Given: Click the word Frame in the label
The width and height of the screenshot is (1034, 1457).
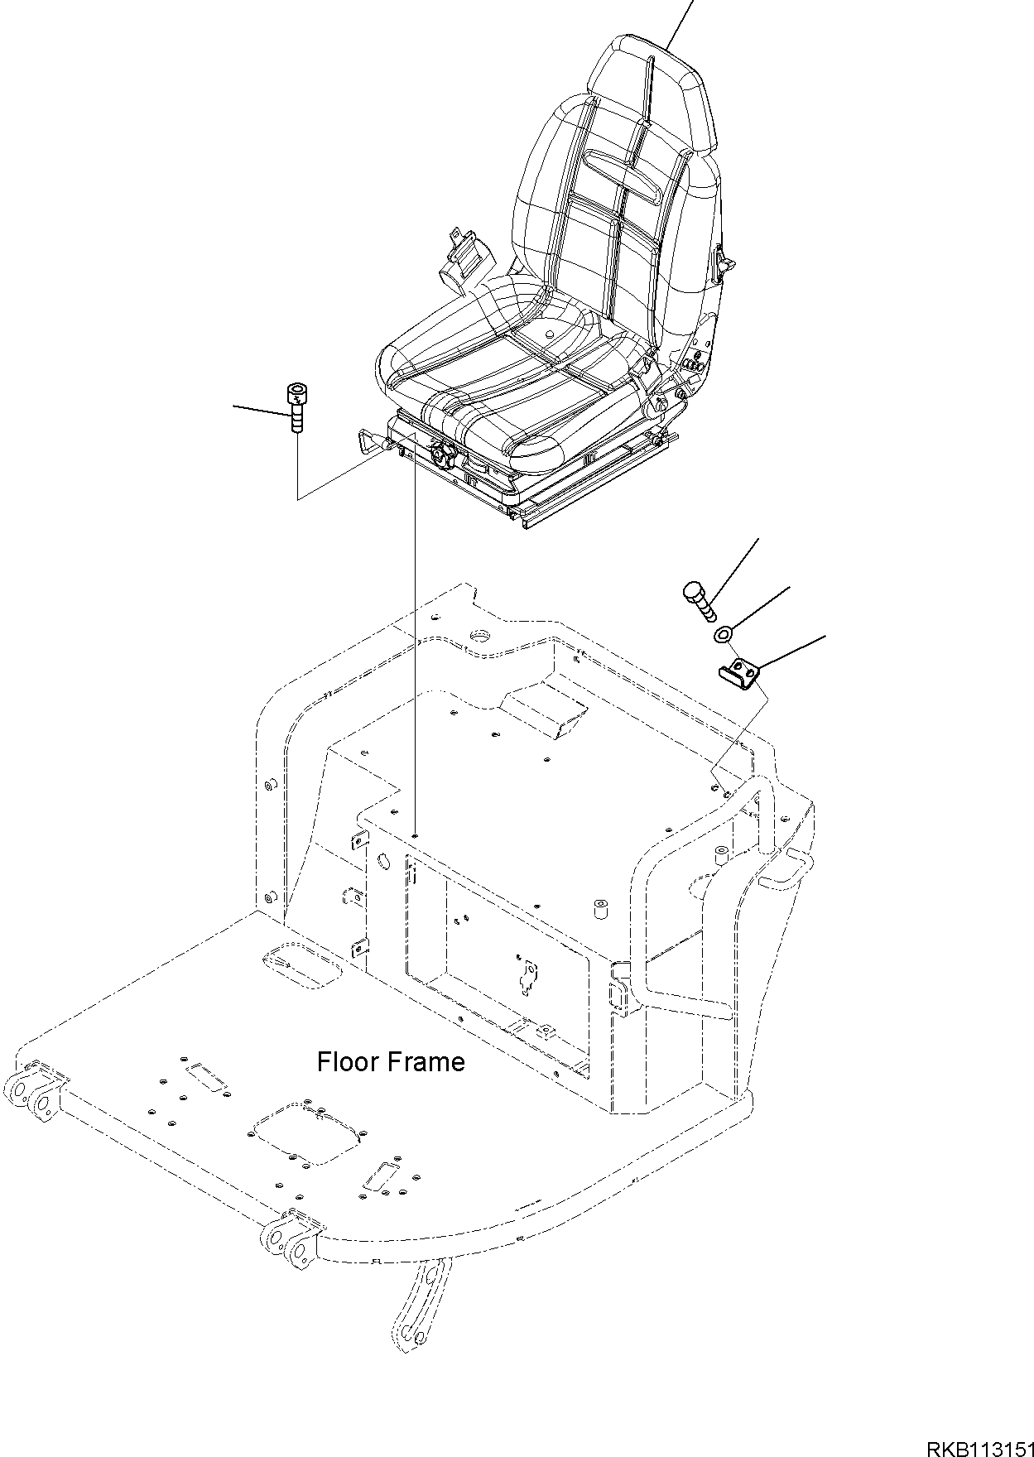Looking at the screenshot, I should click(427, 1062).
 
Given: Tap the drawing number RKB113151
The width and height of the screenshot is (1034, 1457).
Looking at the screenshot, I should click(979, 1442).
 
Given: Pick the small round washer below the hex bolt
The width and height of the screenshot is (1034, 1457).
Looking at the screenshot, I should click(723, 635).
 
